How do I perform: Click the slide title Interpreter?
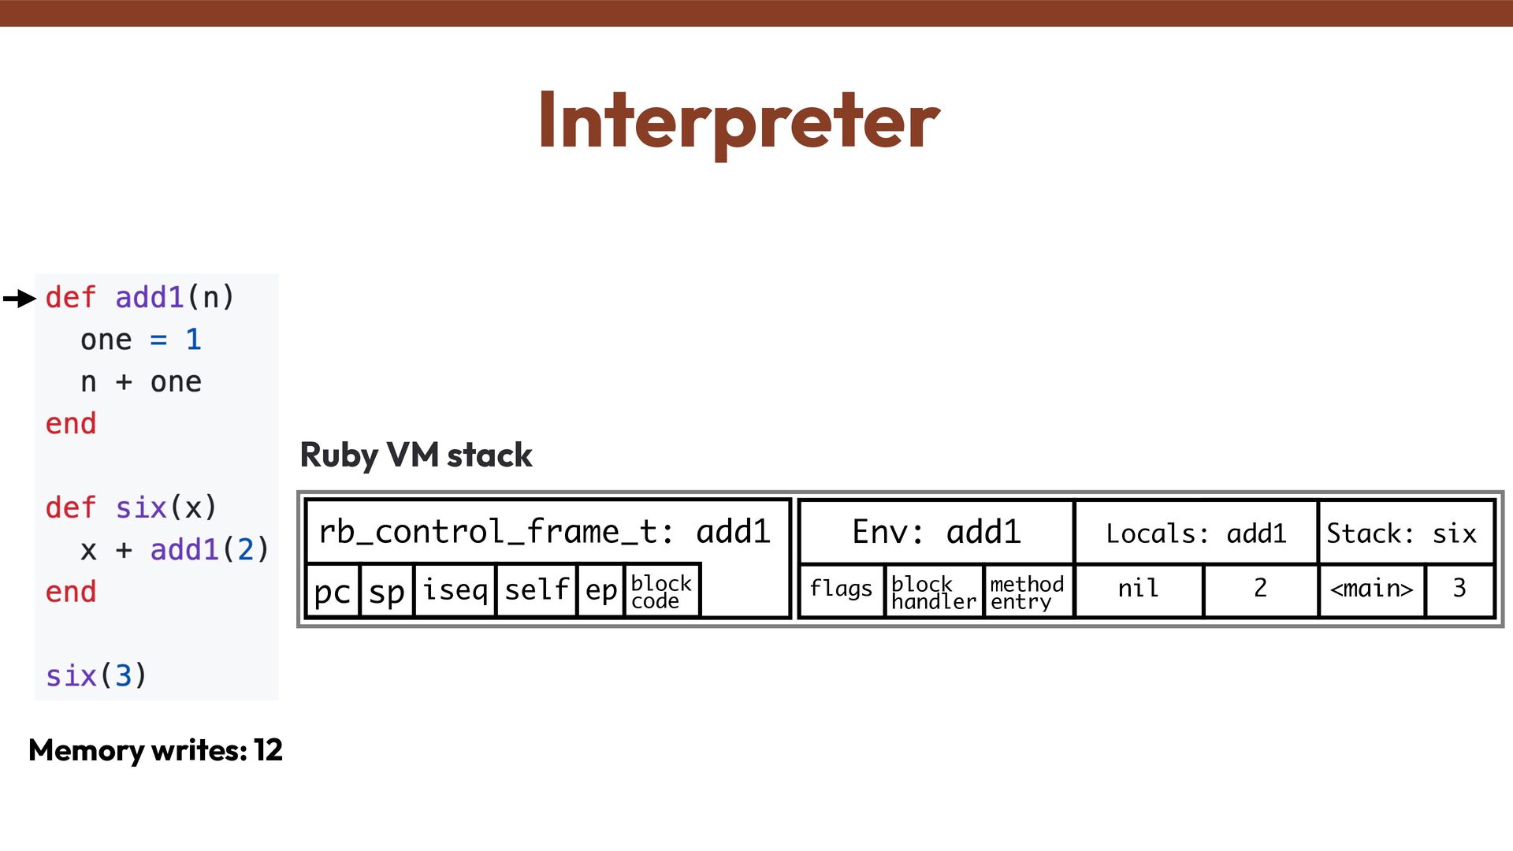pyautogui.click(x=738, y=121)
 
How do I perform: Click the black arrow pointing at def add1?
pyautogui.click(x=20, y=299)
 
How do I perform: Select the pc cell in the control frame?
pyautogui.click(x=332, y=590)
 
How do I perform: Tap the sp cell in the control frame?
pyautogui.click(x=386, y=590)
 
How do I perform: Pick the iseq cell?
pyautogui.click(x=455, y=590)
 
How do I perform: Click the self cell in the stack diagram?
pyautogui.click(x=536, y=590)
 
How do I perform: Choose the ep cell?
pyautogui.click(x=600, y=590)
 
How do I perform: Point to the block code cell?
pyautogui.click(x=660, y=591)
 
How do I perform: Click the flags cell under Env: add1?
pyautogui.click(x=841, y=589)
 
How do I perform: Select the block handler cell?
pyautogui.click(x=933, y=592)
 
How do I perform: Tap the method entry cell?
pyautogui.click(x=1027, y=592)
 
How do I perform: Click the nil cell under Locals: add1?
pyautogui.click(x=1138, y=589)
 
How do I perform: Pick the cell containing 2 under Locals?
pyautogui.click(x=1260, y=589)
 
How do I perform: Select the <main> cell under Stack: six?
pyautogui.click(x=1371, y=589)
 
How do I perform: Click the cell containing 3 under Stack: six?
pyautogui.click(x=1459, y=589)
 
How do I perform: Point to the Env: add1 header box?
pyautogui.click(x=936, y=533)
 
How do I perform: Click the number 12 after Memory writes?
pyautogui.click(x=268, y=750)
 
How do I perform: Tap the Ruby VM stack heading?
pyautogui.click(x=416, y=455)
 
